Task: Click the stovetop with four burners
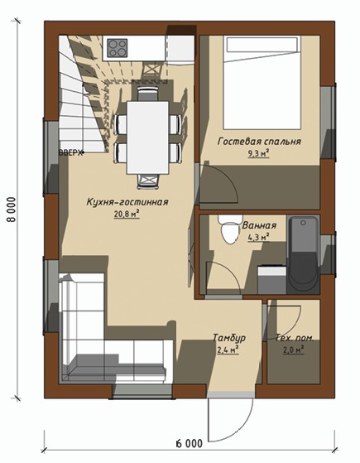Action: (118, 48)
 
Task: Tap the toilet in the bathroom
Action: (230, 229)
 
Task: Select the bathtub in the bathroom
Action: (303, 255)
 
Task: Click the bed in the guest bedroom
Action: (262, 83)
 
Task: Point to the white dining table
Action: (148, 137)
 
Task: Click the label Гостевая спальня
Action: (259, 142)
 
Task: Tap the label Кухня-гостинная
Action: (127, 202)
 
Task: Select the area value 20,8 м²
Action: (127, 214)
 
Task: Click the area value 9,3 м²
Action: (259, 153)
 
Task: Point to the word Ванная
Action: (259, 225)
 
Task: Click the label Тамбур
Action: (229, 338)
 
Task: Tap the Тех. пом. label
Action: (294, 338)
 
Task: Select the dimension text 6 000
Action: (190, 443)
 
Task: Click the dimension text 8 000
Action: (12, 210)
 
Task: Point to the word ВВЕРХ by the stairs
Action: (70, 153)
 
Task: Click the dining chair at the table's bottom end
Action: (148, 181)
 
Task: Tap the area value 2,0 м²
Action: (294, 350)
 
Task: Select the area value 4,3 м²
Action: (258, 238)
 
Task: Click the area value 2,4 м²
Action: (228, 350)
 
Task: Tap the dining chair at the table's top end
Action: (148, 94)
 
